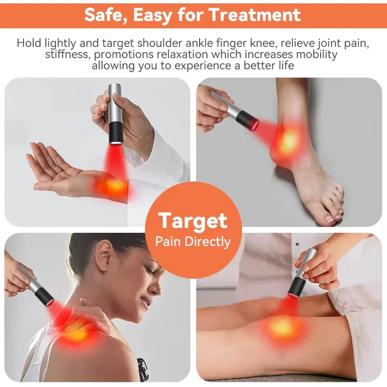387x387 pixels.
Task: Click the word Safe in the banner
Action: (x=105, y=15)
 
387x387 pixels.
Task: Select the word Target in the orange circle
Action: (x=193, y=221)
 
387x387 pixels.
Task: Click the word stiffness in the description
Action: (x=66, y=54)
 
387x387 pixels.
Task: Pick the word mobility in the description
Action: (x=317, y=54)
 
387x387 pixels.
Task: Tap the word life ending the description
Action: (x=287, y=65)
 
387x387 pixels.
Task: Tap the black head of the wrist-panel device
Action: (x=116, y=133)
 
